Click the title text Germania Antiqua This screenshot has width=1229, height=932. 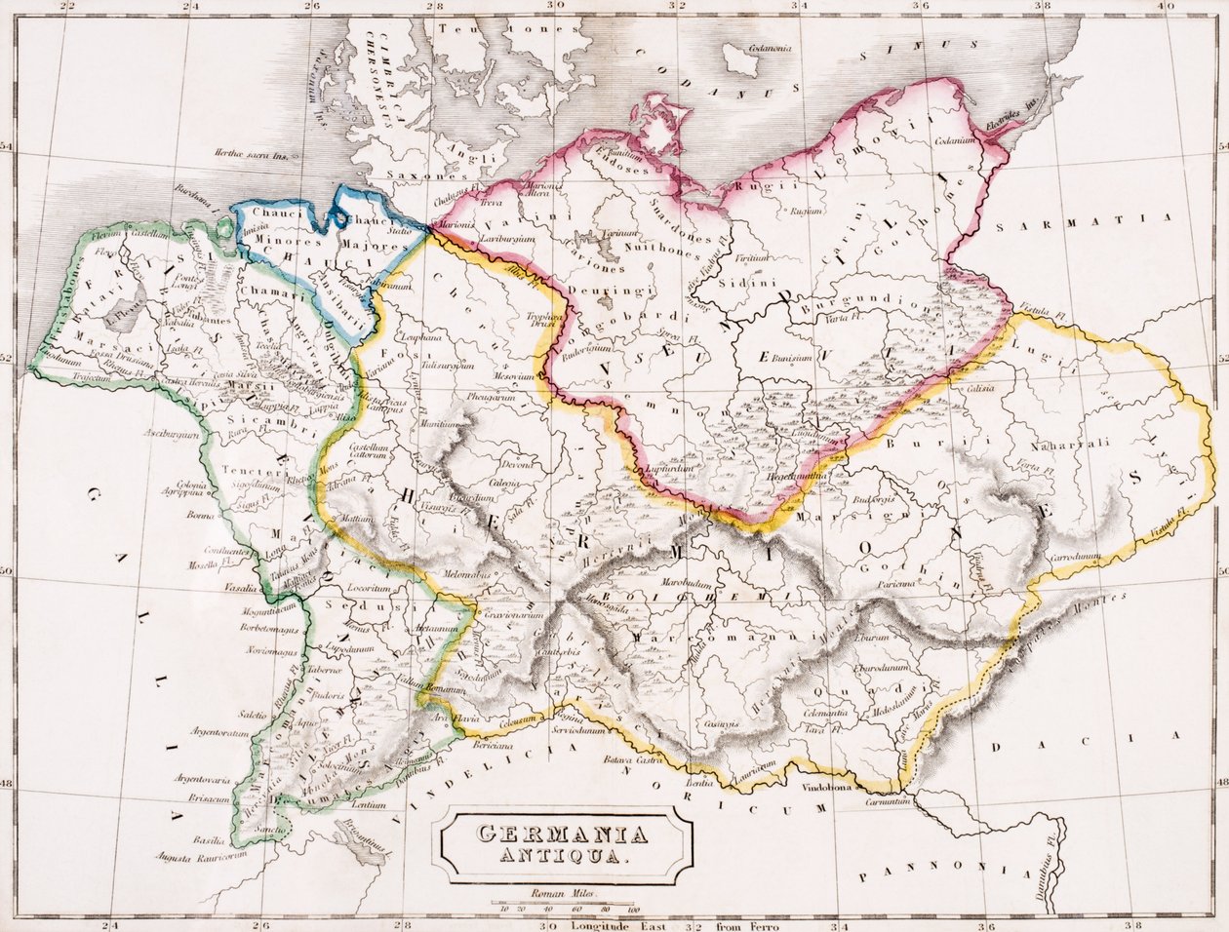565,845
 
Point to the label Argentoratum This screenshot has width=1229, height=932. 203,730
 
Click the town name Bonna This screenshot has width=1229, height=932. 199,514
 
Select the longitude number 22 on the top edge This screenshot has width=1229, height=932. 65,7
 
